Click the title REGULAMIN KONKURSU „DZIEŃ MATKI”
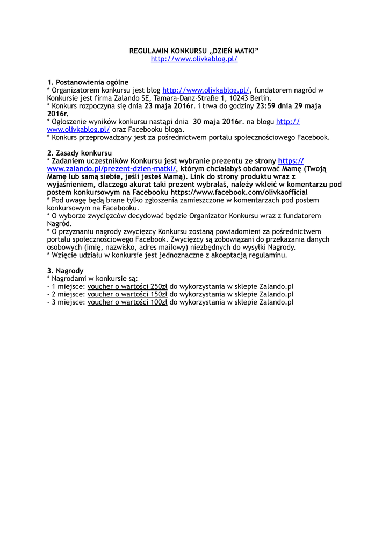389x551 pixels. pyautogui.click(x=194, y=51)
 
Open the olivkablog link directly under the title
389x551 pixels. pyautogui.click(x=194, y=59)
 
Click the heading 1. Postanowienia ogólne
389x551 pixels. pyautogui.click(x=88, y=82)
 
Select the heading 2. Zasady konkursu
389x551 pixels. pyautogui.click(x=79, y=153)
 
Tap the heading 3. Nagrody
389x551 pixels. pyautogui.click(x=65, y=271)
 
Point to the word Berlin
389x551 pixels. pyautogui.click(x=261, y=98)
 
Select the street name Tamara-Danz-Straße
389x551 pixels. pyautogui.click(x=183, y=98)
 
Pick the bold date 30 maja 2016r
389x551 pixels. pyautogui.click(x=218, y=122)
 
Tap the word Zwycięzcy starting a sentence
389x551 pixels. pyautogui.click(x=187, y=239)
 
